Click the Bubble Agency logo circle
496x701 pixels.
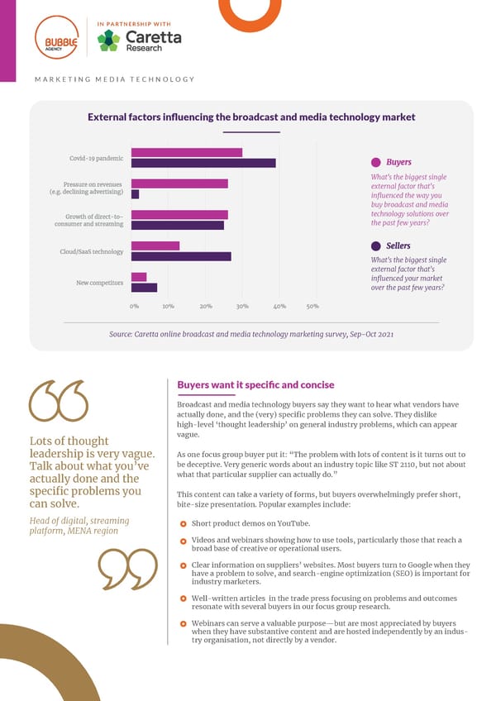coord(56,41)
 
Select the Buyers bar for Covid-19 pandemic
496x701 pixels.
coord(187,152)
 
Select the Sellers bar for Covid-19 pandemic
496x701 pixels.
coord(203,163)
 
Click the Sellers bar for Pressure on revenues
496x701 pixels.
coord(136,193)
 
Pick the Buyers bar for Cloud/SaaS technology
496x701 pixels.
coord(155,246)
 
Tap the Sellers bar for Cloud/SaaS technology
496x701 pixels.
coord(181,256)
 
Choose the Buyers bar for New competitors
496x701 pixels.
coord(139,277)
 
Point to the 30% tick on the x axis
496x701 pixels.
coord(242,306)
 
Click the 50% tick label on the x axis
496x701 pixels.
coord(312,306)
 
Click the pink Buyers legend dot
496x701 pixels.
coord(375,163)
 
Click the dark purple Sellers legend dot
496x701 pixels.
coord(375,246)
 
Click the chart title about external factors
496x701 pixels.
coord(251,117)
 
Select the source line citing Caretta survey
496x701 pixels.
coord(251,333)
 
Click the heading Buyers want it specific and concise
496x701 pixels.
coord(255,384)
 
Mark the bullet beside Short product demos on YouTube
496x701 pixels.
coord(182,524)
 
